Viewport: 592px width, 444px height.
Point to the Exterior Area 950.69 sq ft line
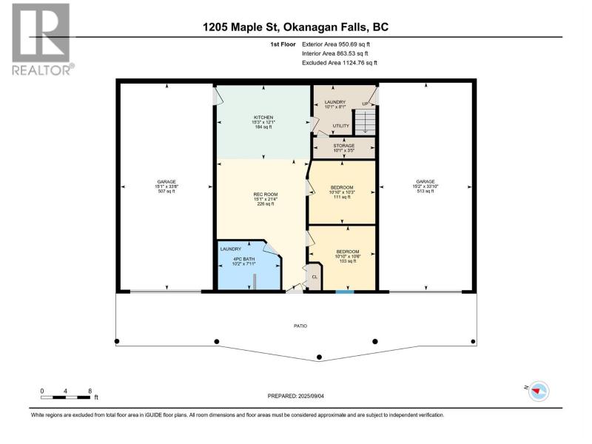click(336, 44)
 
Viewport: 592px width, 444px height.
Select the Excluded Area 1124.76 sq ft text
click(340, 63)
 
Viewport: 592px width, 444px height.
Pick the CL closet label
click(314, 277)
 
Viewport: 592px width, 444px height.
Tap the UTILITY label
click(340, 126)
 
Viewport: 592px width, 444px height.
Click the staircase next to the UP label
click(365, 121)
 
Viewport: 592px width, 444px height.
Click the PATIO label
click(300, 326)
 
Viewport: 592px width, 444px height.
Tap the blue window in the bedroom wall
click(345, 292)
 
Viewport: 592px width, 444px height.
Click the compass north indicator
click(538, 391)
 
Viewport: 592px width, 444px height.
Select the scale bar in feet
click(67, 397)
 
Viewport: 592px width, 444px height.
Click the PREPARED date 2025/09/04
click(295, 396)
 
